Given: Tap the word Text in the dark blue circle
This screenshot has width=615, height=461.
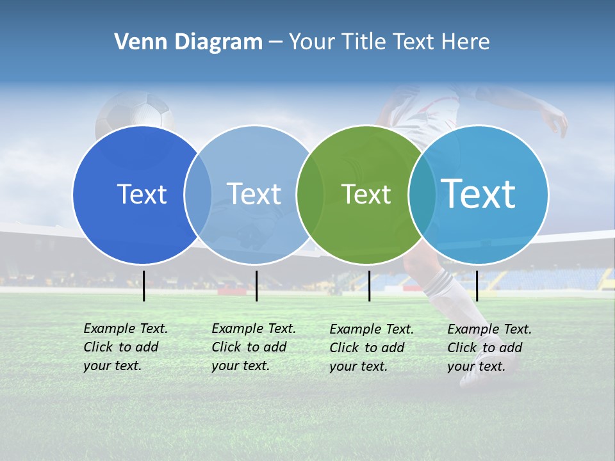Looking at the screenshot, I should coord(142,194).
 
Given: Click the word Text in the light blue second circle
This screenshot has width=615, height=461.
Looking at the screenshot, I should coord(254,194).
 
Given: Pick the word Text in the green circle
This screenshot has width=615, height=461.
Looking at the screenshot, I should coord(366,194).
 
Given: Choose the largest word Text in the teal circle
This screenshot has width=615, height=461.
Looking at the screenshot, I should coord(479,193).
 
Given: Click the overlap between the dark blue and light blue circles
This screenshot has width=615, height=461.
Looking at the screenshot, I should coord(198,194).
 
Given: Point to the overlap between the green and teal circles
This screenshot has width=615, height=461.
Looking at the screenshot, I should coord(422,194).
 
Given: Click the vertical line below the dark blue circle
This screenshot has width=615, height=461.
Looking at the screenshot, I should coord(144,286).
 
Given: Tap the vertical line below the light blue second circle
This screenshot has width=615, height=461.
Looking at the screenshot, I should coord(256,286).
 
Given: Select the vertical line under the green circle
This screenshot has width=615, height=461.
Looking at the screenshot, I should coord(370,286).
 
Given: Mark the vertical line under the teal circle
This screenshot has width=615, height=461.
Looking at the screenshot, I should coord(477,286).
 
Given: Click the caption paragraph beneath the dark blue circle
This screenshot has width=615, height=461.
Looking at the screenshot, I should coord(125,347).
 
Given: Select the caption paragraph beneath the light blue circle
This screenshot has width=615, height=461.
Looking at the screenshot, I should coord(253,347).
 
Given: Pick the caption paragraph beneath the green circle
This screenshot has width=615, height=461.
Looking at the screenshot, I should coord(371,348).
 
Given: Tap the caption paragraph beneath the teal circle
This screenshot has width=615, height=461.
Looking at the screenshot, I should coord(489,348).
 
